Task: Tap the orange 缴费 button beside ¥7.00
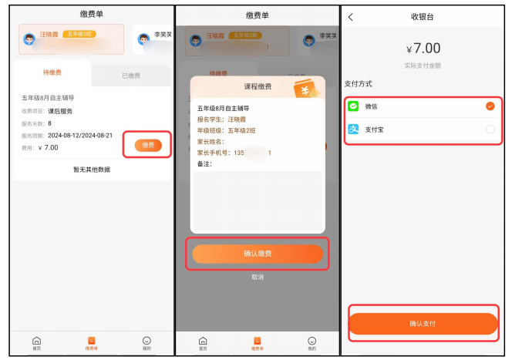pyautogui.click(x=147, y=145)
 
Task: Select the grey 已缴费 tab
pyautogui.click(x=130, y=76)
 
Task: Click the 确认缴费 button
pyautogui.click(x=257, y=254)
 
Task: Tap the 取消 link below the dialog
pyautogui.click(x=257, y=277)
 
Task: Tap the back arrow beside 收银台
pyautogui.click(x=352, y=17)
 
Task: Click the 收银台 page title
pyautogui.click(x=423, y=17)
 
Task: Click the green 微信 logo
pyautogui.click(x=353, y=106)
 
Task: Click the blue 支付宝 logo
pyautogui.click(x=353, y=130)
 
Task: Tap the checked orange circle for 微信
pyautogui.click(x=490, y=106)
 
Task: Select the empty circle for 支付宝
pyautogui.click(x=490, y=130)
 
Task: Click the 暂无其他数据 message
pyautogui.click(x=92, y=169)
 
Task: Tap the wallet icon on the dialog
pyautogui.click(x=306, y=89)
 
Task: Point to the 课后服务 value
pyautogui.click(x=60, y=111)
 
